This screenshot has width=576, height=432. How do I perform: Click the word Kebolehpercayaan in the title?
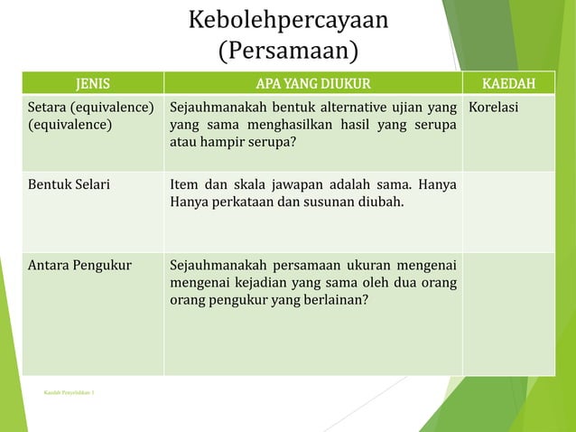(x=288, y=20)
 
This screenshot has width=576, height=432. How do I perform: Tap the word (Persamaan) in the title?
(x=288, y=49)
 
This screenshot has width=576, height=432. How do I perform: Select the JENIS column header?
(x=93, y=85)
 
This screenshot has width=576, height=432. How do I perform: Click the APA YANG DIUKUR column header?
(x=313, y=85)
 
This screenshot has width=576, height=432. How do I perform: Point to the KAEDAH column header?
(x=508, y=85)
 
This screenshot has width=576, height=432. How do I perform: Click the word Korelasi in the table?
(x=494, y=108)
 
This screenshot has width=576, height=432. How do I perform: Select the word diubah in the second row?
(x=382, y=201)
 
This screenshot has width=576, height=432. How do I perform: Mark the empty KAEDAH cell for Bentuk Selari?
(x=508, y=211)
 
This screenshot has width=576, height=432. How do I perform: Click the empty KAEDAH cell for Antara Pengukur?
(x=508, y=313)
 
